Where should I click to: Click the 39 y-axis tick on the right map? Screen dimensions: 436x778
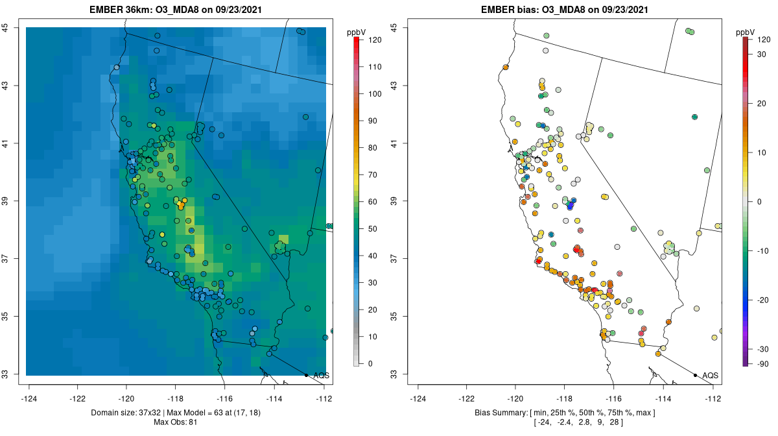[x=400, y=201]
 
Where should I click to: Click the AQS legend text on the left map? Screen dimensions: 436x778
[x=321, y=375]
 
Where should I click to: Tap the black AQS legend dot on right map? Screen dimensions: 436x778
[x=695, y=375]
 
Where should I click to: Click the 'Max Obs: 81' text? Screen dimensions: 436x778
[x=175, y=422]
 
